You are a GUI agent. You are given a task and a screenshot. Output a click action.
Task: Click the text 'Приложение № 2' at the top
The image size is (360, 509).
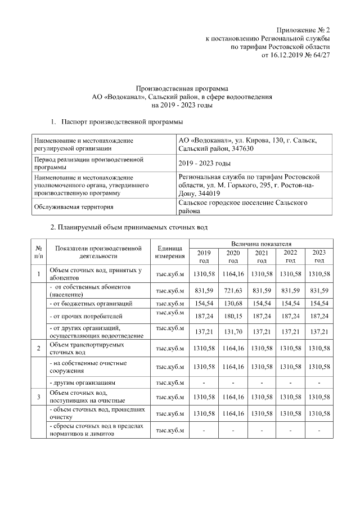click(x=303, y=29)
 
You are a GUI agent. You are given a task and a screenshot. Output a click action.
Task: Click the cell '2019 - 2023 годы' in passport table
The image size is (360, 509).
click(x=204, y=163)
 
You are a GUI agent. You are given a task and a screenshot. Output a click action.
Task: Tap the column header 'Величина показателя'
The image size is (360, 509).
click(x=261, y=242)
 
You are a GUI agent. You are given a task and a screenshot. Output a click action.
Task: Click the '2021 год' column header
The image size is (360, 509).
click(x=261, y=256)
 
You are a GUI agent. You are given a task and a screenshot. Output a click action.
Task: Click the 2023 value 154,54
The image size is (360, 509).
click(x=319, y=304)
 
